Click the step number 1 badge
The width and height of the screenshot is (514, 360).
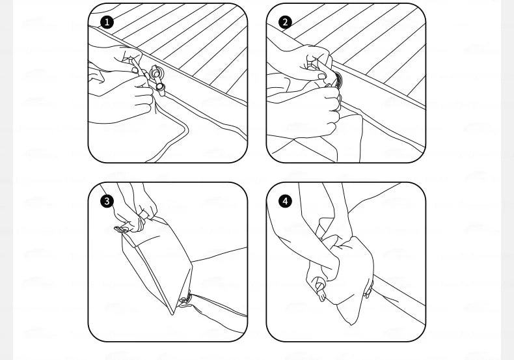(x=107, y=22)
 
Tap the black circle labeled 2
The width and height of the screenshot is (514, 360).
(x=285, y=22)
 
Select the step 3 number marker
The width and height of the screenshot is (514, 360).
(x=107, y=201)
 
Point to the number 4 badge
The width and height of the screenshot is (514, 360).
(x=285, y=201)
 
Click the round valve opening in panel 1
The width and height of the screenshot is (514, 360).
(x=156, y=72)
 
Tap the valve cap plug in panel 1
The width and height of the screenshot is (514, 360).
(x=160, y=87)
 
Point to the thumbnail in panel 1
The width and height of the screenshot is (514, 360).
(x=135, y=70)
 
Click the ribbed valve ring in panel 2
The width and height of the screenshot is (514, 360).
(x=338, y=79)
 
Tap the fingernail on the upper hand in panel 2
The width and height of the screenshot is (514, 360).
(x=321, y=76)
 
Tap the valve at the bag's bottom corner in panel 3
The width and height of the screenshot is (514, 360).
(x=185, y=299)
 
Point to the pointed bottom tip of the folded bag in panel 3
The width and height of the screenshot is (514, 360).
(x=173, y=313)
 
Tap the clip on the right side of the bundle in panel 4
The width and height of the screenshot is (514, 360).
(x=369, y=291)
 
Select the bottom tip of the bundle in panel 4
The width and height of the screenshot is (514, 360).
(x=351, y=324)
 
